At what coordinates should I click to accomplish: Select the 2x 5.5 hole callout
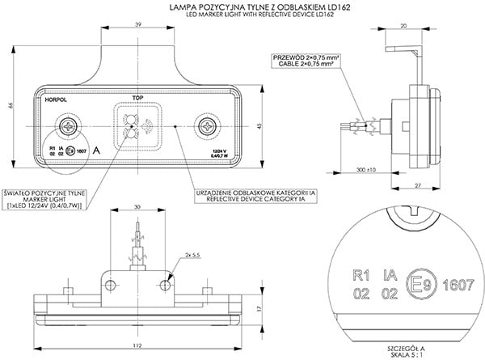pyautogui.click(x=192, y=255)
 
